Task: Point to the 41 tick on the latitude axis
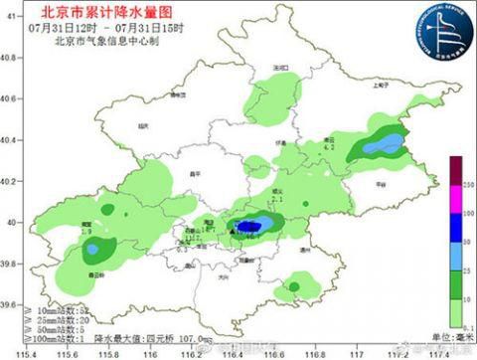(11, 98)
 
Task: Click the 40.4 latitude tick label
(11, 140)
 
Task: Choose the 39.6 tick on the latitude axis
(11, 304)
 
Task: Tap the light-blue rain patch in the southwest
(93, 249)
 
